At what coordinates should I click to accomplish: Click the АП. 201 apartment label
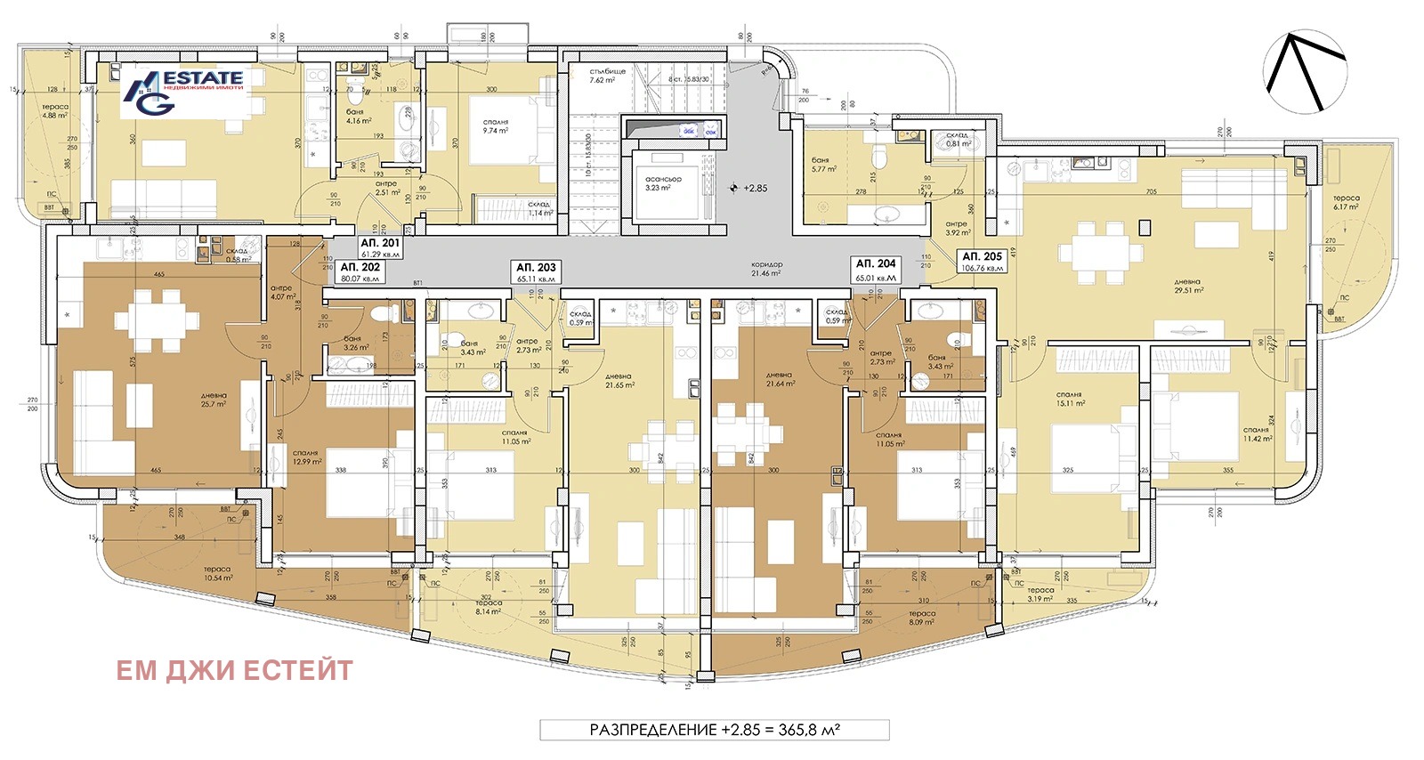click(379, 247)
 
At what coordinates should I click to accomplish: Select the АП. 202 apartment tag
click(360, 271)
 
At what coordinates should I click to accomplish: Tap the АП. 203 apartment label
click(536, 271)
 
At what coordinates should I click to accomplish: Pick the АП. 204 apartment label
click(876, 270)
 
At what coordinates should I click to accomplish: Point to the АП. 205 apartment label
click(982, 262)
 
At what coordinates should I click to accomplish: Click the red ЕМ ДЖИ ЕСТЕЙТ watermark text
click(235, 670)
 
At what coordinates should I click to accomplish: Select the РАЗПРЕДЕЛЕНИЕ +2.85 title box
click(715, 730)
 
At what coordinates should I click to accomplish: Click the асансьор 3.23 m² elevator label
click(663, 183)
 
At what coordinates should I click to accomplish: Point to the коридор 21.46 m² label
click(766, 269)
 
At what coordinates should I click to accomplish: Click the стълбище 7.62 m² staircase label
click(607, 76)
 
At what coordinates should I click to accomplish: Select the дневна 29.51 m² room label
click(1187, 286)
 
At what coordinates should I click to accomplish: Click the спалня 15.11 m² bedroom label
click(1069, 399)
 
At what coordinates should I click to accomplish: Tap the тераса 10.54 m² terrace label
click(217, 573)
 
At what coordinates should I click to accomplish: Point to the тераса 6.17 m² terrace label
click(1346, 203)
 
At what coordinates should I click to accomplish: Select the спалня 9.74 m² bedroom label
click(495, 126)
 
